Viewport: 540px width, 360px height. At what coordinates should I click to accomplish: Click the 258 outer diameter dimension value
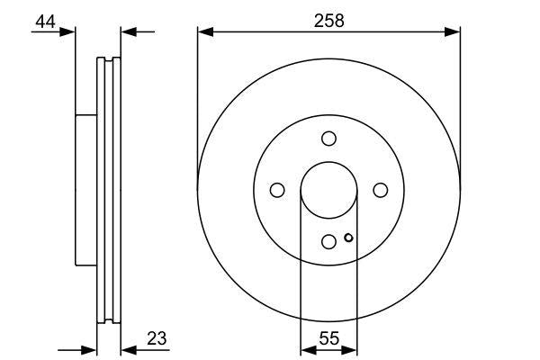(328, 19)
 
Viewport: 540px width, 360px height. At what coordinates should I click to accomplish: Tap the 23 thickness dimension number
(157, 338)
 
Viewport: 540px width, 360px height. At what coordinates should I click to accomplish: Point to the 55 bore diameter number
(328, 338)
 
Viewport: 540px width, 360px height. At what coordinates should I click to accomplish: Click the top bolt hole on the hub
(328, 138)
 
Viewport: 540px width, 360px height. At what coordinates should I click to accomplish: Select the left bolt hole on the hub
(277, 190)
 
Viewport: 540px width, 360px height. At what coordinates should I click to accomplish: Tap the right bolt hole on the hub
(380, 190)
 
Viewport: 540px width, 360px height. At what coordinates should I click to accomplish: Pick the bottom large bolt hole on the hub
(328, 241)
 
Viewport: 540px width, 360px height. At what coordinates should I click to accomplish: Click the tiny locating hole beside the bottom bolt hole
(348, 238)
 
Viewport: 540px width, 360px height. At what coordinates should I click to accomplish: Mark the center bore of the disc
(328, 190)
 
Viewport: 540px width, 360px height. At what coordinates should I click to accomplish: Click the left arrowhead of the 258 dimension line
(203, 32)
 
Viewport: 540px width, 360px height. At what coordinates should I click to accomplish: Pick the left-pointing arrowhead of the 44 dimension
(127, 32)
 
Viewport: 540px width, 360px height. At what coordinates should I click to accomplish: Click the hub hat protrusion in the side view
(85, 190)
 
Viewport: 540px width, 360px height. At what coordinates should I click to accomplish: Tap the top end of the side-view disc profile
(108, 60)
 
